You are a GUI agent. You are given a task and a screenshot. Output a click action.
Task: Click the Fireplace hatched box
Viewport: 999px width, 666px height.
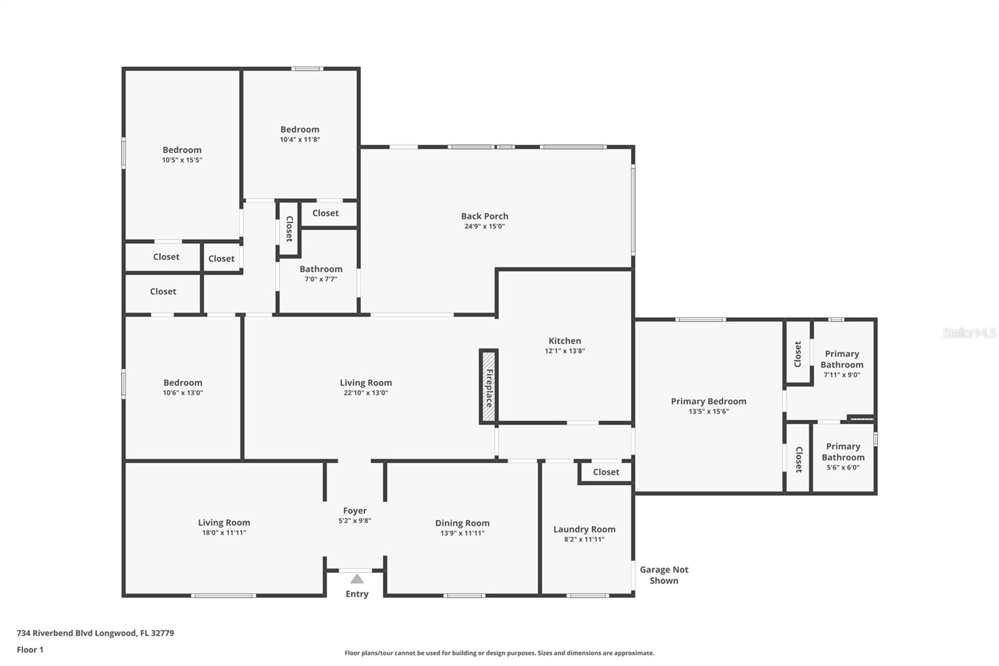(489, 387)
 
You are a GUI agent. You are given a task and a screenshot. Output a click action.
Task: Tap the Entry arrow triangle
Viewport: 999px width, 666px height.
(357, 579)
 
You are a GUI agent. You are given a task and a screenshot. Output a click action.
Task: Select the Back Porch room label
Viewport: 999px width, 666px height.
(485, 216)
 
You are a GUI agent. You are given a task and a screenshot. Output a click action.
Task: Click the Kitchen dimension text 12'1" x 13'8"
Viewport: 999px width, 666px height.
(564, 351)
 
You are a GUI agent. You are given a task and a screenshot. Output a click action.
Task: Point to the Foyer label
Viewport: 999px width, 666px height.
(355, 510)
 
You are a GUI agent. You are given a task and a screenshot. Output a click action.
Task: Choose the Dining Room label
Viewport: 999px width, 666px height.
(463, 523)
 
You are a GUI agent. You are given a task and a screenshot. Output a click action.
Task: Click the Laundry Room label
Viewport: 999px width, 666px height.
(584, 529)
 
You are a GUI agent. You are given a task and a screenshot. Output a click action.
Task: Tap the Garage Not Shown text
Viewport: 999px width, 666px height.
(664, 575)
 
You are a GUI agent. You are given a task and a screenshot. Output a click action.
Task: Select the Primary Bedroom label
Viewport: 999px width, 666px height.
(709, 401)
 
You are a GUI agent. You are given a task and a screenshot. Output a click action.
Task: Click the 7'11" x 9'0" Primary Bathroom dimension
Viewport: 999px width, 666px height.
(842, 375)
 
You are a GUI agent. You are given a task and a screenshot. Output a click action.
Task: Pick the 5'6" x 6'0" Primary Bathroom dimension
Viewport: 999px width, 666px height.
(843, 467)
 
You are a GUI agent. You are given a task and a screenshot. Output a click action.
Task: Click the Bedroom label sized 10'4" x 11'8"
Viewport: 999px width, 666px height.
(300, 129)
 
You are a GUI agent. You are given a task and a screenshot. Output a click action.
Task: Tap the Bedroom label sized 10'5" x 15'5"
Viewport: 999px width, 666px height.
(182, 150)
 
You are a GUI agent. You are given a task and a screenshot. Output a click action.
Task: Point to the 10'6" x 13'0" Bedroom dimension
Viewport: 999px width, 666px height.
(183, 393)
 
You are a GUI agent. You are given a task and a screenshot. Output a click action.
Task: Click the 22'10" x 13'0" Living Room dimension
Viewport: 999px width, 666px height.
(366, 393)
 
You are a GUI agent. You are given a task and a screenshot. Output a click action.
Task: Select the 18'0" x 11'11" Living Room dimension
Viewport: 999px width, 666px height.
(224, 532)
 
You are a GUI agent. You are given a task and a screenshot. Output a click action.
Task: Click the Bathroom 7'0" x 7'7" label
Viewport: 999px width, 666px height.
(321, 269)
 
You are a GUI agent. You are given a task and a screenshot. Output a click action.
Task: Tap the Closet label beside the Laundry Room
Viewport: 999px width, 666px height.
(606, 472)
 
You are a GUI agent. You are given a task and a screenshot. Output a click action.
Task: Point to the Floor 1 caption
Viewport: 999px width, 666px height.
(31, 650)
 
